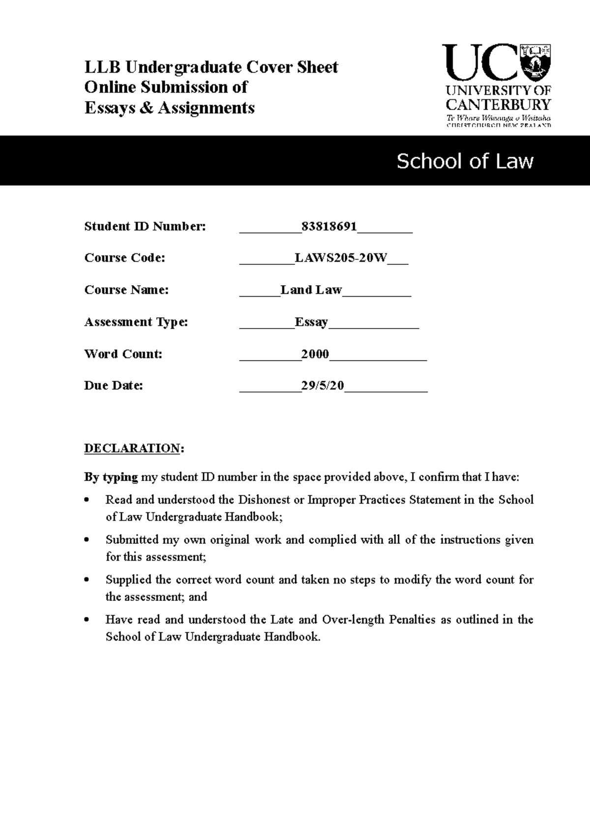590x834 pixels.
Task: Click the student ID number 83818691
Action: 329,226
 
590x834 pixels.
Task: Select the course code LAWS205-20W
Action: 341,258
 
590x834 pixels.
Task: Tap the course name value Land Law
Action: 311,290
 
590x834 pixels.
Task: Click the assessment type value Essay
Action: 311,322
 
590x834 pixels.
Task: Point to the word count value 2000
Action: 315,354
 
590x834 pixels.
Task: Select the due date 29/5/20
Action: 322,386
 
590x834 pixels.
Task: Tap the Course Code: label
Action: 124,258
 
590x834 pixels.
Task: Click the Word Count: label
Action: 123,354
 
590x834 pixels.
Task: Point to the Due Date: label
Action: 114,386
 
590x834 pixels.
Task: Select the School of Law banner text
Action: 465,161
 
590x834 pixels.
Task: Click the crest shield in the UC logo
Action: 535,61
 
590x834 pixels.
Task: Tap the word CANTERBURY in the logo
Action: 498,104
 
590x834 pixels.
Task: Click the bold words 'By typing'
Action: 111,477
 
